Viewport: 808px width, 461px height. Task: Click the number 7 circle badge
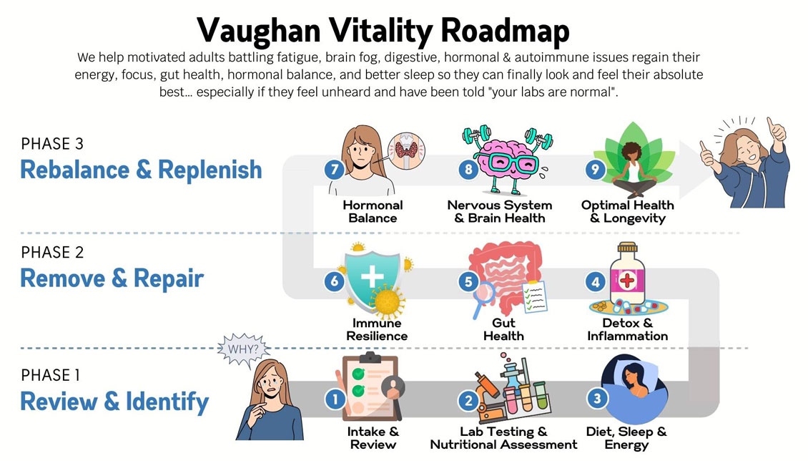(335, 170)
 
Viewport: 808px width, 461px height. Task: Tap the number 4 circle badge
(595, 281)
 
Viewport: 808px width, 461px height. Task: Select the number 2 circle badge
(468, 401)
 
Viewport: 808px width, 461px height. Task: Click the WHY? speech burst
(242, 349)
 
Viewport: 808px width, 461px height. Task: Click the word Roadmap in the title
(505, 31)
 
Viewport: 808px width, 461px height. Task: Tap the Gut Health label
(503, 329)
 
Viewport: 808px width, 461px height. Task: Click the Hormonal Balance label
(373, 211)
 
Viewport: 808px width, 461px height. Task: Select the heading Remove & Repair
(112, 278)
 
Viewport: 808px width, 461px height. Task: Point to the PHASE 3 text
(52, 143)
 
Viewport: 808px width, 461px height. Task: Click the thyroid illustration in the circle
(406, 150)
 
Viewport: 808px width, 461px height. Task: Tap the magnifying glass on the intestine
(483, 299)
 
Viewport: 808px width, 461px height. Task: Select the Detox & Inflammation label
(627, 329)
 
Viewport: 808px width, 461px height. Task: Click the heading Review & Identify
(114, 402)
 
